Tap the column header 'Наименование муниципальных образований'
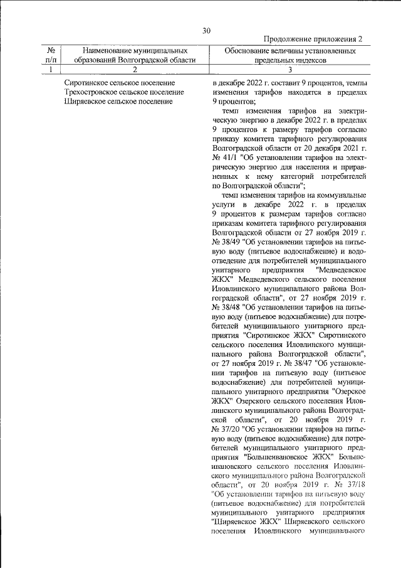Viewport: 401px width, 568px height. (135, 55)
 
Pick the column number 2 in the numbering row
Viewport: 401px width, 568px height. (135, 70)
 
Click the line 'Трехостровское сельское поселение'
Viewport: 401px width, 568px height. (124, 92)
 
